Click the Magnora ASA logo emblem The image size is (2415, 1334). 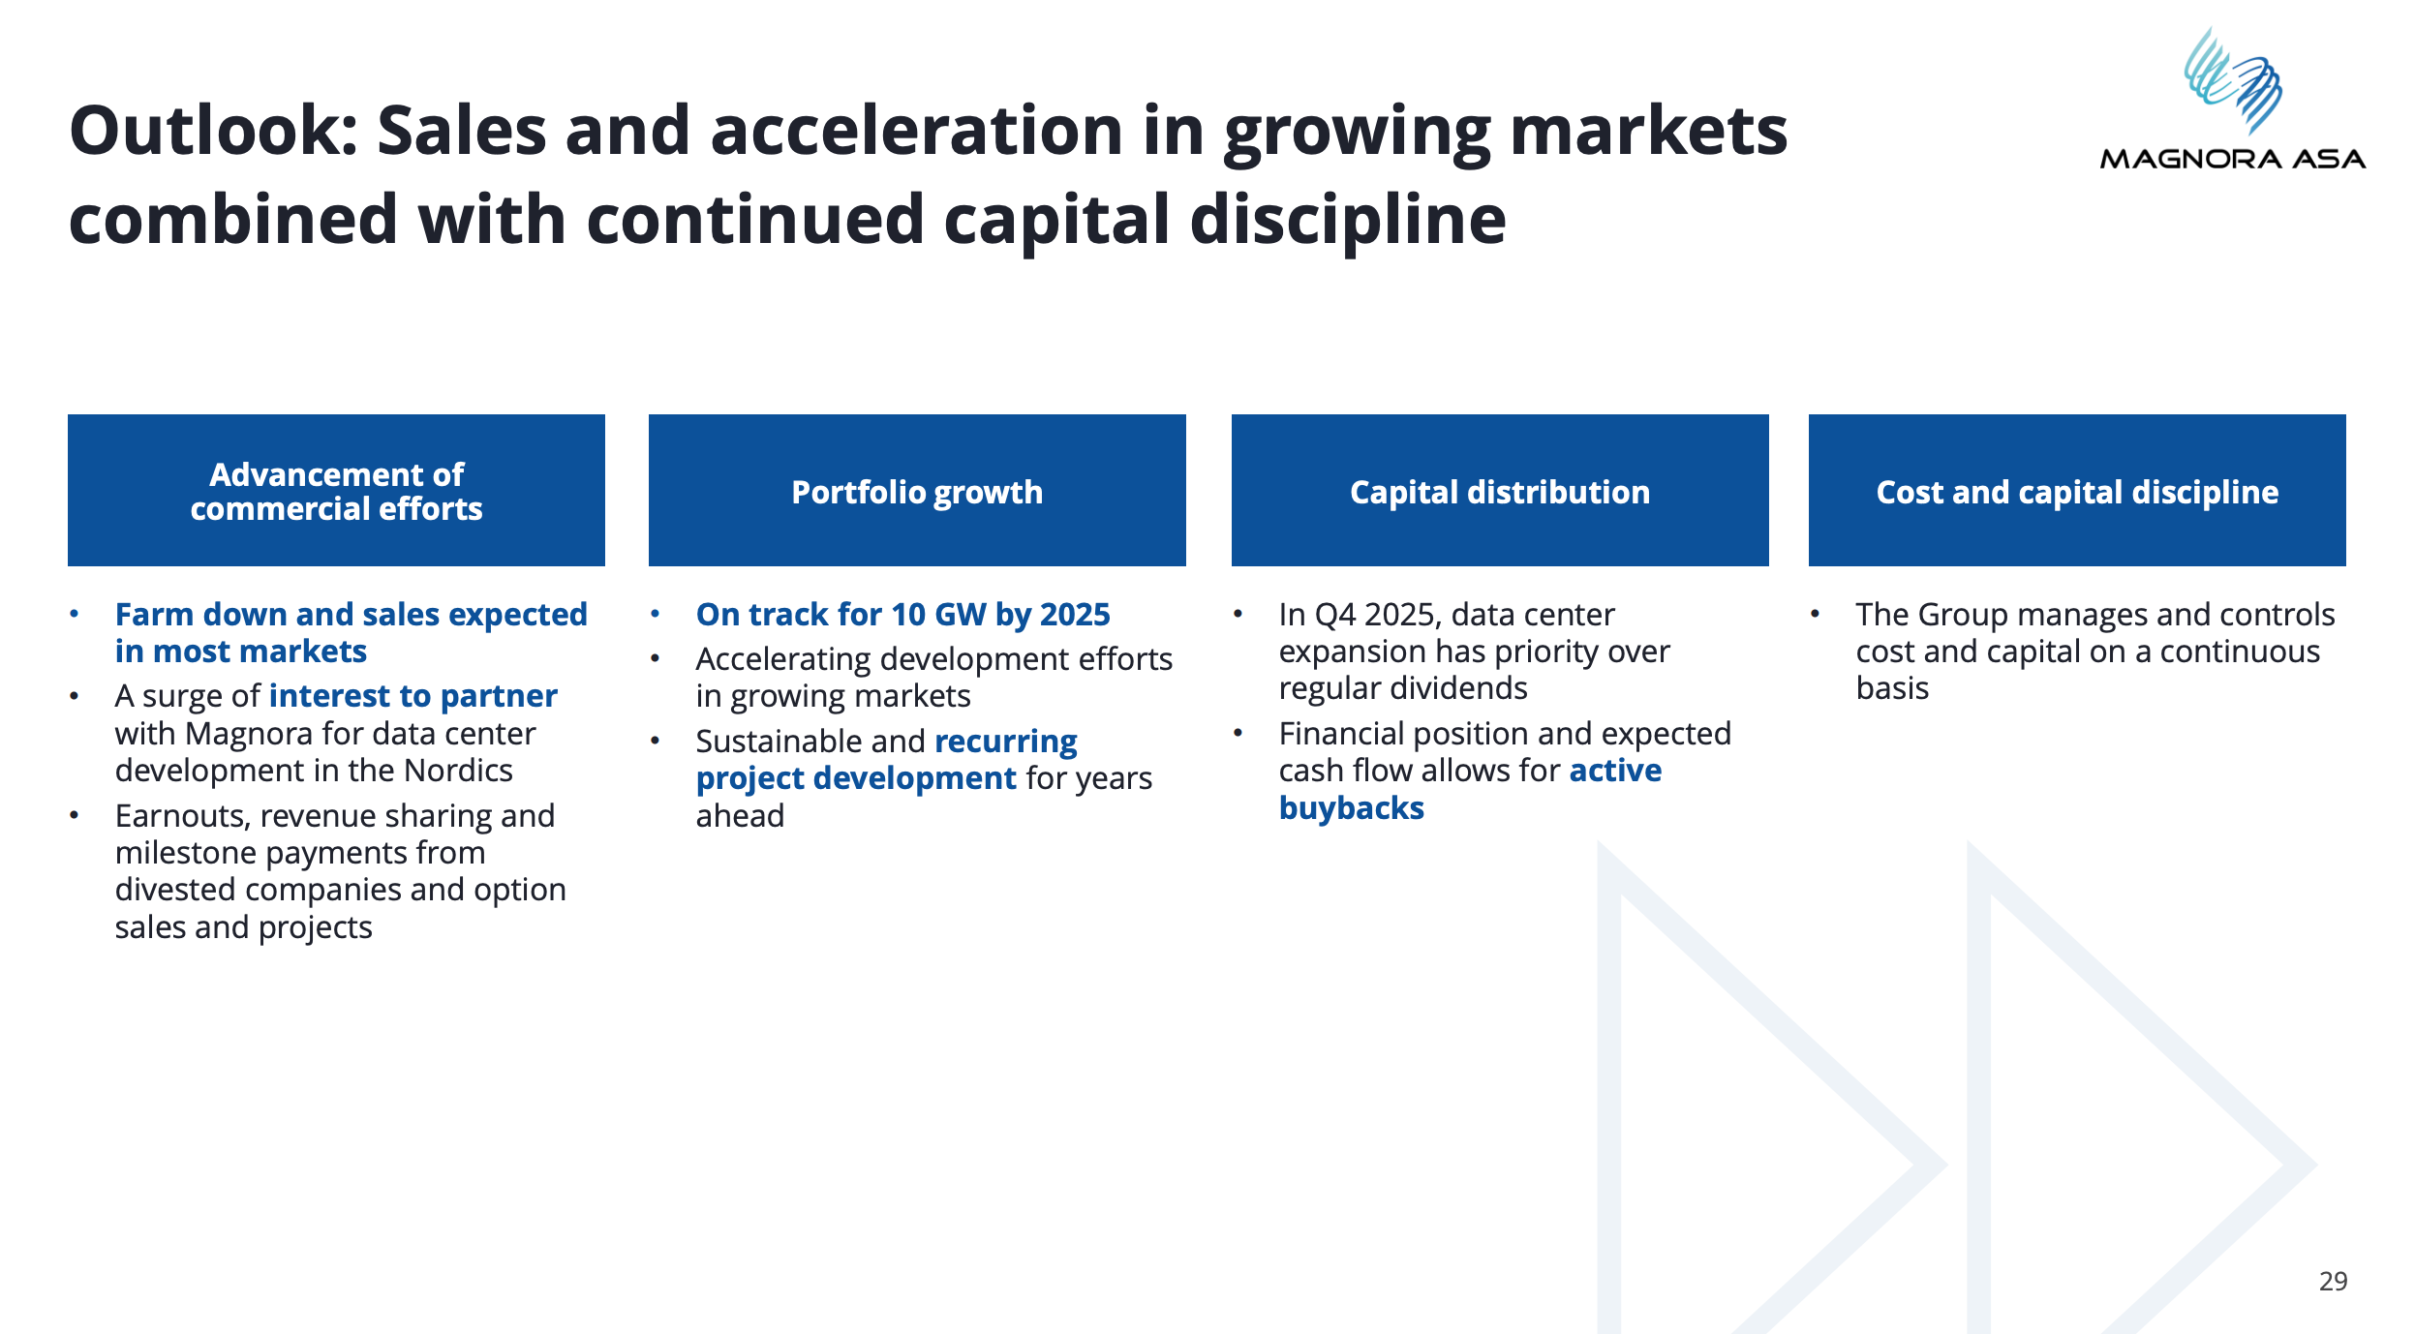point(2234,80)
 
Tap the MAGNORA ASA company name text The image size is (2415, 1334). point(2233,159)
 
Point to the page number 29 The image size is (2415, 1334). point(2333,1281)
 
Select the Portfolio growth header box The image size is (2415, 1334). point(917,490)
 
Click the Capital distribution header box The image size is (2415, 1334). point(1500,490)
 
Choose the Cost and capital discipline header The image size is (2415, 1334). point(2077,490)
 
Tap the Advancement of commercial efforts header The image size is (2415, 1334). point(336,490)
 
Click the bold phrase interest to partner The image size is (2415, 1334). point(413,696)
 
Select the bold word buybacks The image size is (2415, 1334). point(1352,807)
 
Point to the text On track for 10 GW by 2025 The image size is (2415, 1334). point(902,615)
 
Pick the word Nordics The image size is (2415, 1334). point(458,771)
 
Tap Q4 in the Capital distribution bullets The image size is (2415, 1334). point(1335,615)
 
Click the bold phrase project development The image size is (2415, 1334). point(856,778)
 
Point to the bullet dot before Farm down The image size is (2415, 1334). point(74,614)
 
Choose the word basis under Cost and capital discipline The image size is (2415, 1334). point(1892,688)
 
